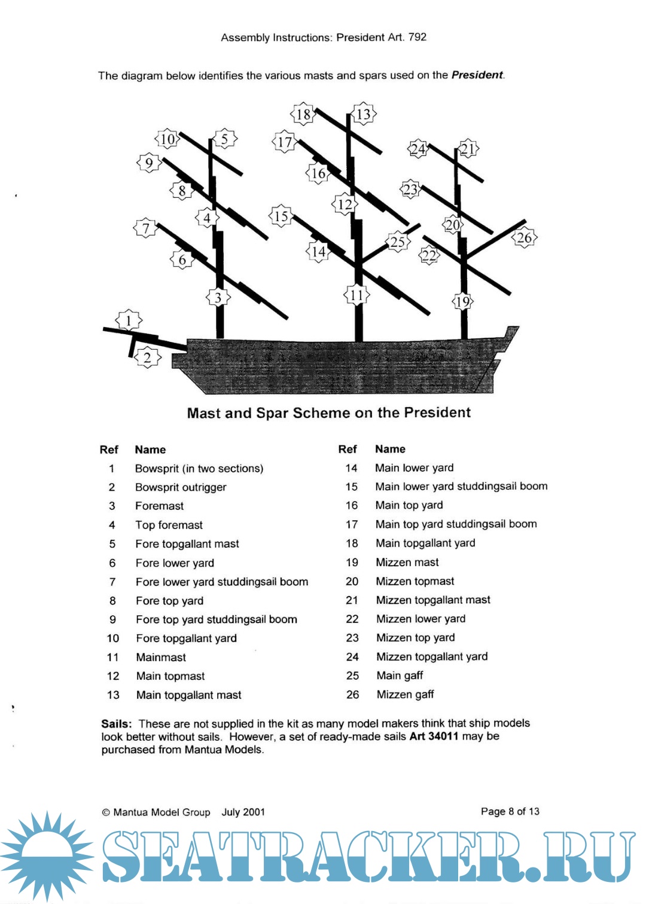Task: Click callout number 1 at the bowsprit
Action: click(x=129, y=320)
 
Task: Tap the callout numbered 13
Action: click(x=363, y=114)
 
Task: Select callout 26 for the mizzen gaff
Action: click(x=524, y=237)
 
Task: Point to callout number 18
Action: click(x=303, y=114)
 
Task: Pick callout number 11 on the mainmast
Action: click(x=356, y=295)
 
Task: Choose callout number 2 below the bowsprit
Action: click(x=147, y=358)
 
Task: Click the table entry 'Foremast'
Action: click(x=159, y=506)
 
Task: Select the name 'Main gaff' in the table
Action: click(x=400, y=676)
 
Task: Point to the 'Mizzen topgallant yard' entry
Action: click(x=432, y=656)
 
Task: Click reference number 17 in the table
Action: click(x=352, y=524)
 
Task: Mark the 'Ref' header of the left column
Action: click(x=109, y=450)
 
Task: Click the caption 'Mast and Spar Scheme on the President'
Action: click(x=328, y=413)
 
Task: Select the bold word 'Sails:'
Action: click(x=117, y=723)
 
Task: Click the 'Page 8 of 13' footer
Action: click(x=510, y=811)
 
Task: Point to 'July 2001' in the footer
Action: click(x=243, y=812)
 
